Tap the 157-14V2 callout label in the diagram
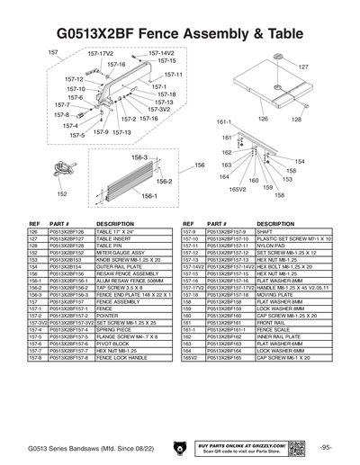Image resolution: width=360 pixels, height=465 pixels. point(161,54)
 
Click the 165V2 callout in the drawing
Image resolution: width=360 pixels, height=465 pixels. point(238,190)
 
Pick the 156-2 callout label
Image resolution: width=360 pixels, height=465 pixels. point(139,181)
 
